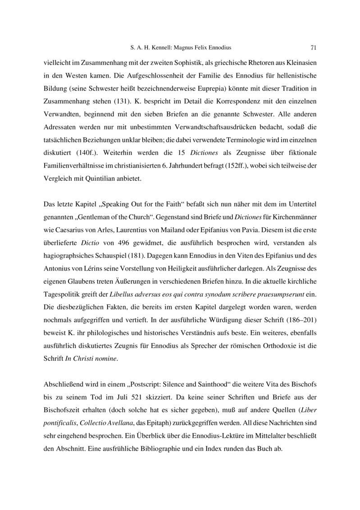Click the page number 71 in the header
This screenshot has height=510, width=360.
point(314,47)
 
